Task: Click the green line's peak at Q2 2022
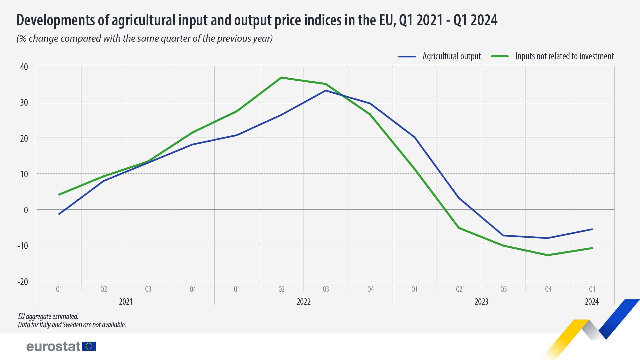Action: [x=281, y=78]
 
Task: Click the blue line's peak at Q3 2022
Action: [x=326, y=91]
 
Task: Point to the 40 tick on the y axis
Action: [x=24, y=67]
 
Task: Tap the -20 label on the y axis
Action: [x=23, y=282]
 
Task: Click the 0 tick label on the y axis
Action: [x=26, y=210]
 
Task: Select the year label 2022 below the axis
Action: [x=303, y=302]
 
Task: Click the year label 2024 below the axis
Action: [x=592, y=302]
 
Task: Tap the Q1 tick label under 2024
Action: [x=592, y=289]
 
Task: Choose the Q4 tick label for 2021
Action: [x=193, y=289]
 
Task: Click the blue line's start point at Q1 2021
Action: [x=59, y=214]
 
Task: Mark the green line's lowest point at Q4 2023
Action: [x=548, y=255]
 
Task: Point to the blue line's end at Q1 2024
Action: [x=592, y=229]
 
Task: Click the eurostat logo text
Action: [x=53, y=346]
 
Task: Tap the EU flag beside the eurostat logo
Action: [x=89, y=346]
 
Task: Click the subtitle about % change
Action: [x=145, y=39]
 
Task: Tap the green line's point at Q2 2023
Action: [x=459, y=228]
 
